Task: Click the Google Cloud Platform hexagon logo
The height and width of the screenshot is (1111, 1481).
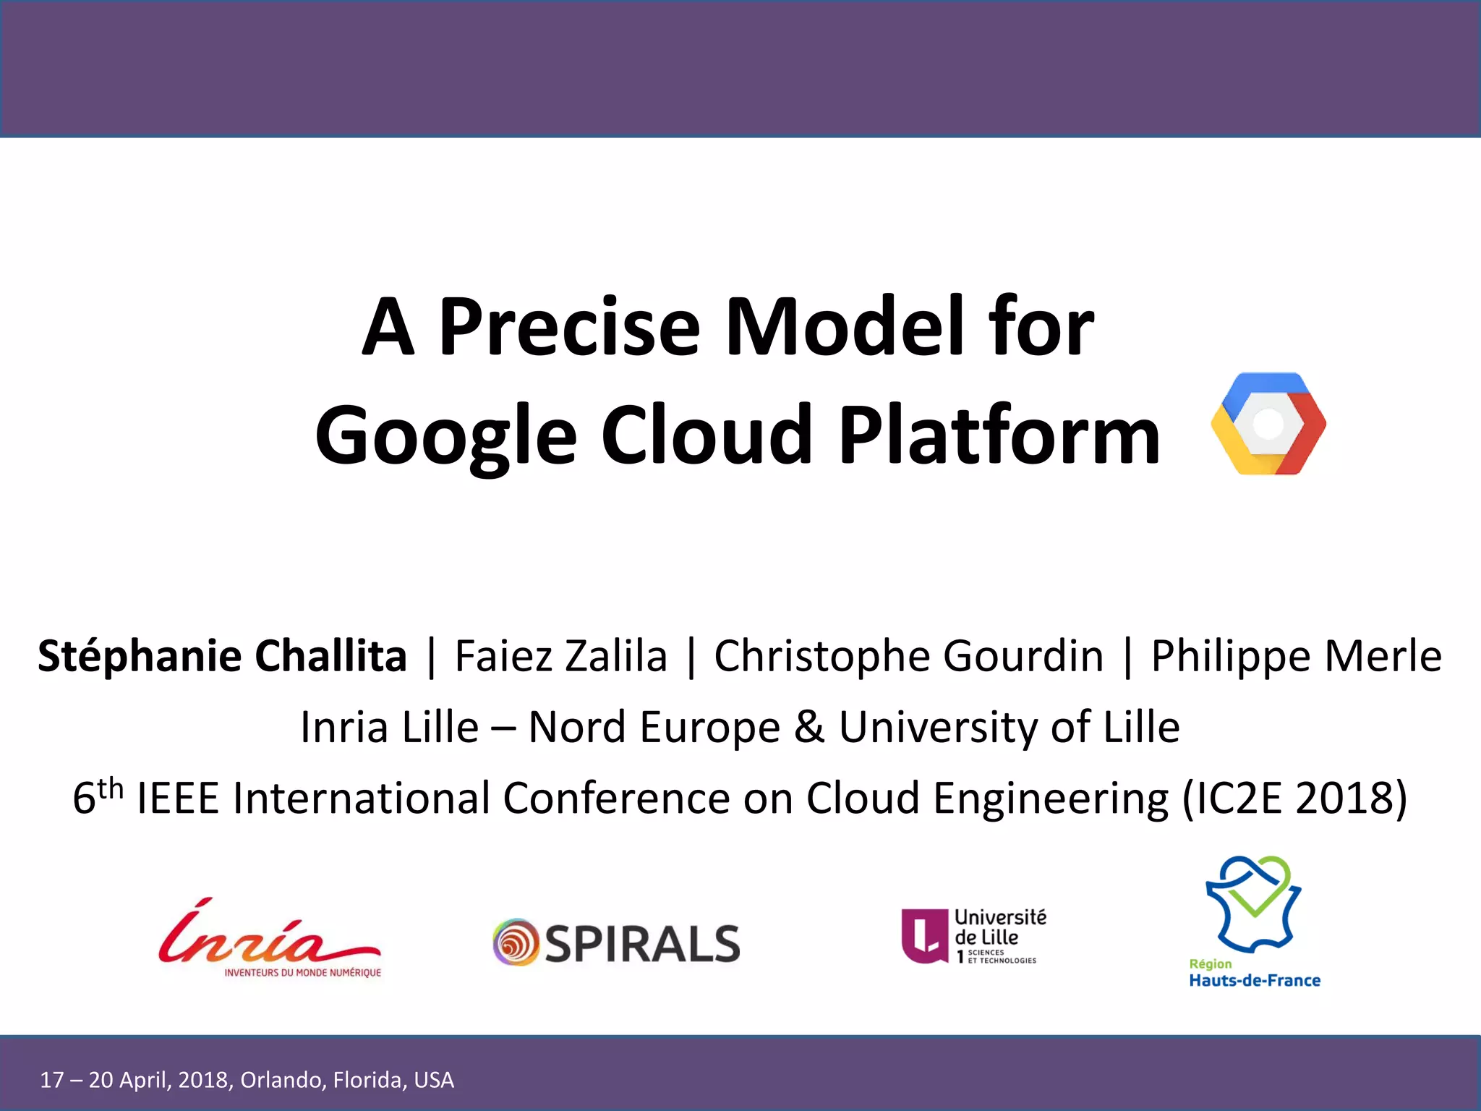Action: [x=1268, y=424]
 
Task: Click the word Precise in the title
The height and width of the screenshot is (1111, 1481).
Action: [x=569, y=327]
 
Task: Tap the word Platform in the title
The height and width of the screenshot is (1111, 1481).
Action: [x=999, y=435]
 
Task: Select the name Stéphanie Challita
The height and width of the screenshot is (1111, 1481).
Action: [x=222, y=656]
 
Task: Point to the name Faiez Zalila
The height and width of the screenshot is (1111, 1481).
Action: [x=560, y=656]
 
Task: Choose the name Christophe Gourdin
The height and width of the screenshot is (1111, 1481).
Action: [x=908, y=656]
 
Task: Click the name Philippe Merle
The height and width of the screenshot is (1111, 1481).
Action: [x=1296, y=656]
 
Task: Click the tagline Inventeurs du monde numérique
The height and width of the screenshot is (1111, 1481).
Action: [x=302, y=973]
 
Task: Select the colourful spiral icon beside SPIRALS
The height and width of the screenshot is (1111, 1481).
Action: [x=516, y=942]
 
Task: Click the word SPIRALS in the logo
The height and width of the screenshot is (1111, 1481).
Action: [x=642, y=944]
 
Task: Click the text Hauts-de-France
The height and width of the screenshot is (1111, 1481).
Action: [x=1255, y=981]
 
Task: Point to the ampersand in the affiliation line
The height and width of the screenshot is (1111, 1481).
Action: [x=809, y=727]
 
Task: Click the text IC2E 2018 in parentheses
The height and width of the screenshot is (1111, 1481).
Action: [x=1294, y=799]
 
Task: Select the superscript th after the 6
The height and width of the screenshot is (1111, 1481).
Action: [x=111, y=787]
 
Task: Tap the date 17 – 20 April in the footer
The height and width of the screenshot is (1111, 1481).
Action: [x=105, y=1080]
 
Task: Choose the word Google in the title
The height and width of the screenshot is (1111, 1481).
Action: [x=445, y=435]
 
